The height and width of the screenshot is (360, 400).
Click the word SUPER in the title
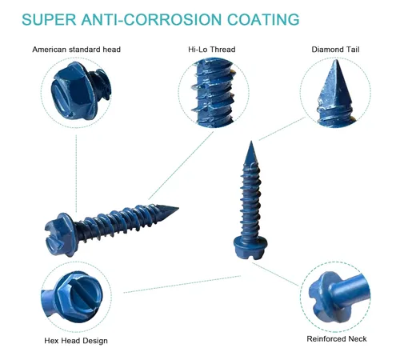[x=49, y=19]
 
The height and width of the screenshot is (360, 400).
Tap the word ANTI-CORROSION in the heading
[x=151, y=19]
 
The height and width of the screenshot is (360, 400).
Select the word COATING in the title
[x=263, y=19]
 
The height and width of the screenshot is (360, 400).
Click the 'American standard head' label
[x=77, y=50]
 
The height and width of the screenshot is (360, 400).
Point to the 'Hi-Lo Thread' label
[x=212, y=50]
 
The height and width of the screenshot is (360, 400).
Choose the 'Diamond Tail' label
[x=335, y=50]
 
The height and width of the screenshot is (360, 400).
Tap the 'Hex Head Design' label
[x=76, y=341]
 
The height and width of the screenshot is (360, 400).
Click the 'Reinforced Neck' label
[x=337, y=338]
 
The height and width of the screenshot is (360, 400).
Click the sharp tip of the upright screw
[x=251, y=142]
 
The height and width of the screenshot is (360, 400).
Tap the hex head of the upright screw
[x=250, y=247]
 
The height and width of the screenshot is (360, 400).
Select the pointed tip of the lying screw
[x=178, y=208]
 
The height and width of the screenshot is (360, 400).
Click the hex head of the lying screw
[x=59, y=234]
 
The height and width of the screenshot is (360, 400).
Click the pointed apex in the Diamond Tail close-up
[x=335, y=60]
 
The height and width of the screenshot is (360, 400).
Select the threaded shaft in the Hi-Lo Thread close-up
[x=214, y=93]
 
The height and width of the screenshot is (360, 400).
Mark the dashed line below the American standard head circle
[x=76, y=174]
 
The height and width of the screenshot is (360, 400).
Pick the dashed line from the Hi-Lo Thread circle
[x=181, y=166]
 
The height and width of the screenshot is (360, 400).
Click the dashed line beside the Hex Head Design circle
[x=182, y=284]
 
